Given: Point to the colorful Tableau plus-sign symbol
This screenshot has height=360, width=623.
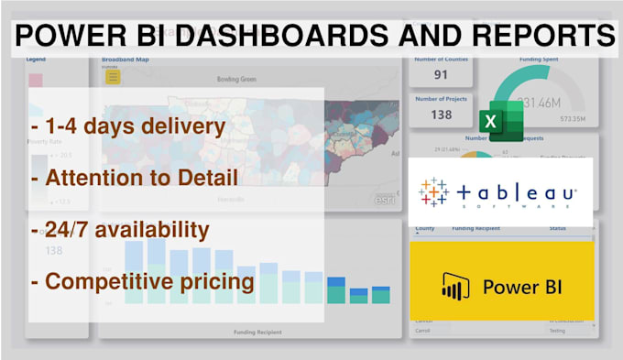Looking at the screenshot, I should point(433,192).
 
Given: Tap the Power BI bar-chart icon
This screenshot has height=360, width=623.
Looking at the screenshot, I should point(455,286).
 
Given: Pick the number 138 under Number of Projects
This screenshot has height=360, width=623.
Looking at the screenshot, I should point(442,115).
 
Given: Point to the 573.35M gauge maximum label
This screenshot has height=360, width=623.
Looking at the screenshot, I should point(574,120).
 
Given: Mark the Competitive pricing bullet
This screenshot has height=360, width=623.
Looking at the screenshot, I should point(142,280).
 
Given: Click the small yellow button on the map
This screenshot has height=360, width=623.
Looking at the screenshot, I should point(113,77).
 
